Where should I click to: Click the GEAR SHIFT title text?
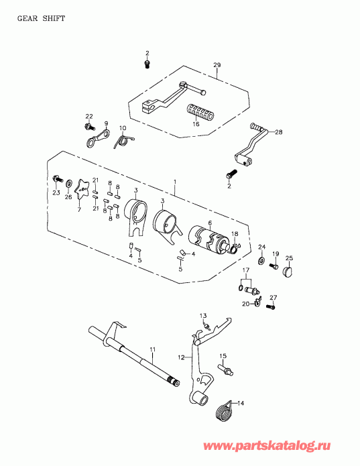click(x=41, y=18)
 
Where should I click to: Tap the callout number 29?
click(x=217, y=65)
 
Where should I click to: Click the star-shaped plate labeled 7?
click(x=82, y=188)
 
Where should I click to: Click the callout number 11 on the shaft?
click(x=152, y=350)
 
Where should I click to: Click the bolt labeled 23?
click(x=58, y=179)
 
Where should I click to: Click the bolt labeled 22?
click(x=89, y=127)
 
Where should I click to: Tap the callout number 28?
click(x=279, y=131)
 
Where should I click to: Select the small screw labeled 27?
click(x=271, y=306)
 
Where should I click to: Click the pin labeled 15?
click(x=226, y=369)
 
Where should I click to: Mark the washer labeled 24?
click(x=261, y=261)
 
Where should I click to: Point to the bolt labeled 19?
click(x=274, y=266)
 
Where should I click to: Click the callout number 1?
click(x=175, y=182)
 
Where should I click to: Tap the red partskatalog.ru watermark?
click(x=267, y=445)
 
